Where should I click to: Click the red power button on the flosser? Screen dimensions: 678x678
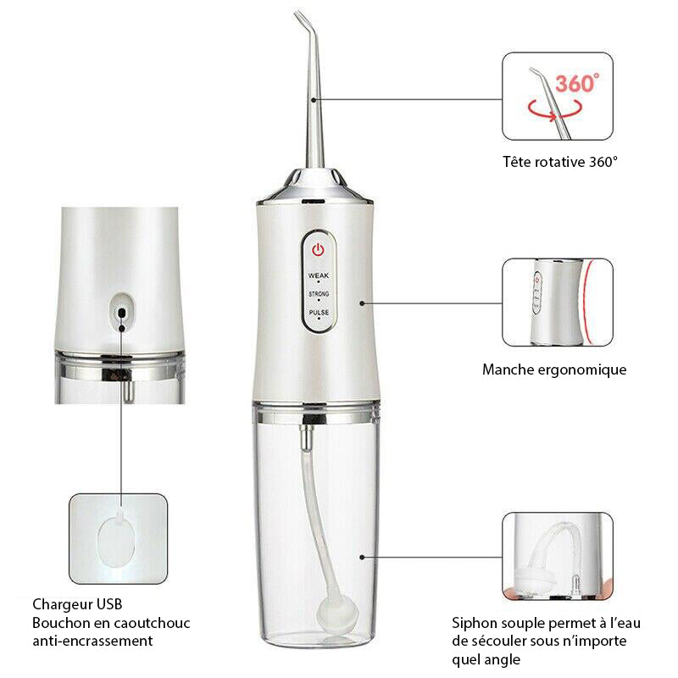tap(318, 251)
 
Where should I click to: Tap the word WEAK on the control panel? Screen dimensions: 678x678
tap(319, 276)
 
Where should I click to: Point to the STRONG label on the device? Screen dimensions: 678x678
tap(319, 294)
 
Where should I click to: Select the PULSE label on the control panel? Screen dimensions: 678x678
tap(319, 313)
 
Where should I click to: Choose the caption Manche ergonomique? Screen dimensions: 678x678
tap(554, 370)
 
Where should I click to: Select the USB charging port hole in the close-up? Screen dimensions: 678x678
tap(123, 311)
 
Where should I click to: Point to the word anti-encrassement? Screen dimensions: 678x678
tap(92, 642)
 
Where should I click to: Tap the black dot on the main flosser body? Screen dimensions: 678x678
tap(363, 301)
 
